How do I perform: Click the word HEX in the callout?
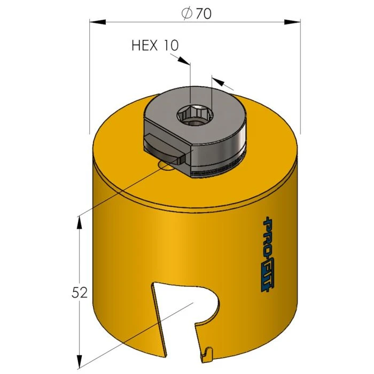coord(144,46)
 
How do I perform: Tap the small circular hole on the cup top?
coord(166,167)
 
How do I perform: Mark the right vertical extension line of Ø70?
coord(300,80)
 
